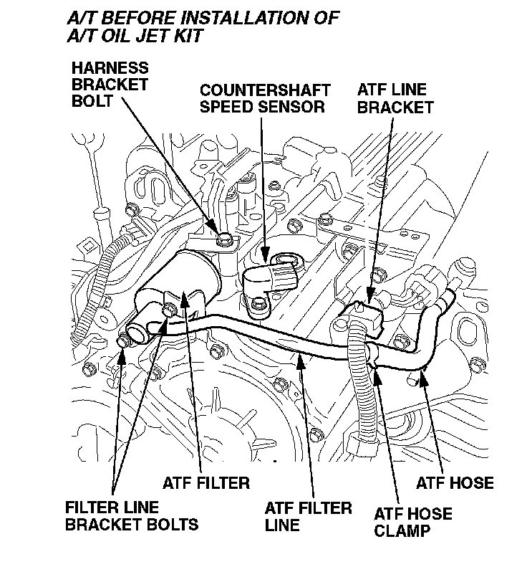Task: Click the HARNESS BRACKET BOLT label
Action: [x=110, y=84]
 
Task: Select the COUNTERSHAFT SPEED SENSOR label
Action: [x=264, y=99]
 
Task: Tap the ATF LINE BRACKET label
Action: [x=395, y=99]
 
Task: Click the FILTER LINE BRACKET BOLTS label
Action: [x=131, y=516]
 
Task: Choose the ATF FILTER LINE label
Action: [x=308, y=517]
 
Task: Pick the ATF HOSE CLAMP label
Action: [x=413, y=523]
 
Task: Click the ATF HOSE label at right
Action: [x=455, y=482]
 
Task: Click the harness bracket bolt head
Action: [x=226, y=239]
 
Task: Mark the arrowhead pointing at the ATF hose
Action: [x=425, y=373]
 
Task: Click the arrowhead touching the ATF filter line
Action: [x=301, y=358]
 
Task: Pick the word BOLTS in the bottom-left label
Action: [x=171, y=524]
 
